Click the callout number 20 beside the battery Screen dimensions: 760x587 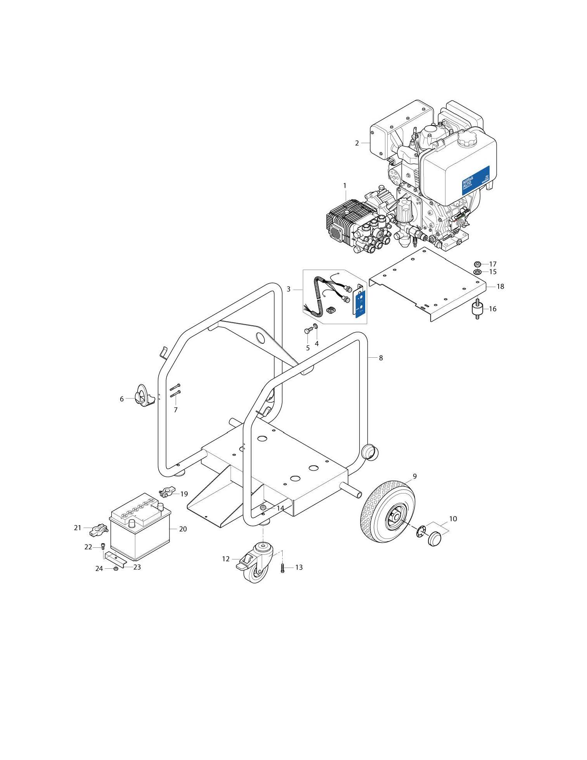coord(183,529)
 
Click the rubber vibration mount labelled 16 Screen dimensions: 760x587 coord(477,309)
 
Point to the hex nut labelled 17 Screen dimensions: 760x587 coord(477,264)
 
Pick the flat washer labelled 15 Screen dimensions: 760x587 coord(478,272)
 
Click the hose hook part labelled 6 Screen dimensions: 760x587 coord(141,396)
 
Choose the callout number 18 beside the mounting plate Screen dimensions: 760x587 coord(500,287)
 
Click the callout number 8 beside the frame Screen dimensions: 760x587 coord(381,358)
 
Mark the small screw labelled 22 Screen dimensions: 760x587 coord(103,546)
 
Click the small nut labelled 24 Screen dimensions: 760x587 coord(116,569)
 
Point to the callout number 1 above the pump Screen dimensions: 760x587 coord(345,186)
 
